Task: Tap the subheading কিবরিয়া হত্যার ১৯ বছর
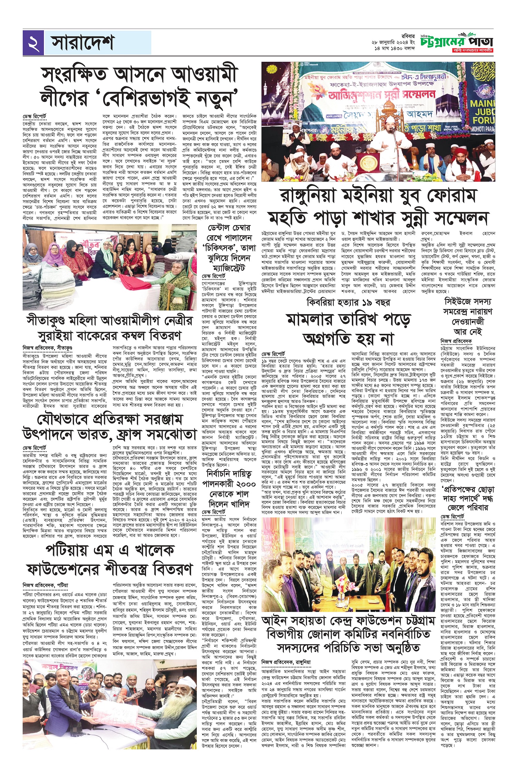[x=348, y=303]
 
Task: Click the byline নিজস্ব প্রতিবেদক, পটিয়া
[x=45, y=585]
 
